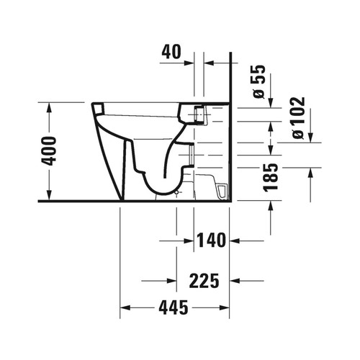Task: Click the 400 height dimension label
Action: [48, 150]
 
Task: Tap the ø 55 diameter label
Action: [260, 81]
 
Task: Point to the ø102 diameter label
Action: [298, 117]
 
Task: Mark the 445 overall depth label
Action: [174, 308]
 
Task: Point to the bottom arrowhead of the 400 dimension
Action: [48, 197]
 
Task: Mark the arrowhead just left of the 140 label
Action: [189, 240]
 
